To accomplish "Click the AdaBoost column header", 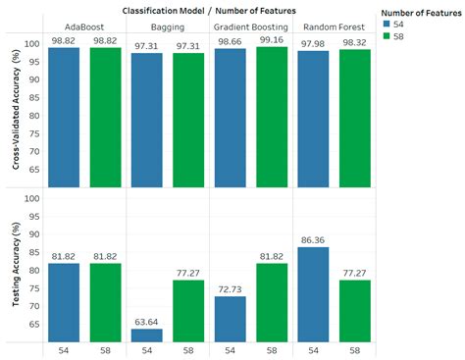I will pyautogui.click(x=86, y=27).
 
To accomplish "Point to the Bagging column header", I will pyautogui.click(x=168, y=27).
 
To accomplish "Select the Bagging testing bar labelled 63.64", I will pyautogui.click(x=147, y=334).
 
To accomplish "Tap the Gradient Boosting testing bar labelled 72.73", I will pyautogui.click(x=229, y=318).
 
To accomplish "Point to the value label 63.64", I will pyautogui.click(x=147, y=320).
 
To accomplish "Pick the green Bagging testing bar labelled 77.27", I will pyautogui.click(x=188, y=310).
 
